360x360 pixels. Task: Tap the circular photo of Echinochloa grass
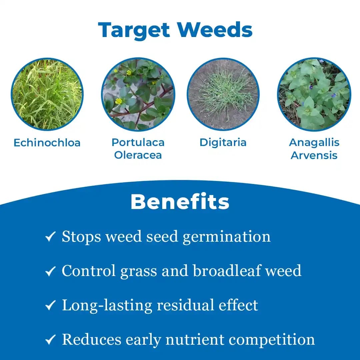coord(47,94)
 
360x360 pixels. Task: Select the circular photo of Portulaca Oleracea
coord(138,94)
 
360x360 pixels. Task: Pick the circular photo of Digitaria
coord(223,94)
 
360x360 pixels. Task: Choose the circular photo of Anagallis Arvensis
coord(314,94)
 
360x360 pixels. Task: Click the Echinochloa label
coord(47,143)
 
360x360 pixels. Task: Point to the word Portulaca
coord(138,142)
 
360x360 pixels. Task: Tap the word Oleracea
coord(138,155)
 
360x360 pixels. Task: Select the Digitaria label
coord(223,142)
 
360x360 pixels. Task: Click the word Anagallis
coord(314,142)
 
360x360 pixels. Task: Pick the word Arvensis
coord(314,155)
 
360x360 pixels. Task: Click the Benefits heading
coord(180,202)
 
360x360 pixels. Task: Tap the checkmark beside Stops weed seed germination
coord(50,237)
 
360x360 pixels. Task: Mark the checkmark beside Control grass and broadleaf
coord(50,272)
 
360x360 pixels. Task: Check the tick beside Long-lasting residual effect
coord(50,306)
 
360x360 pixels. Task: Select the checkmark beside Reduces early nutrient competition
coord(50,340)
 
